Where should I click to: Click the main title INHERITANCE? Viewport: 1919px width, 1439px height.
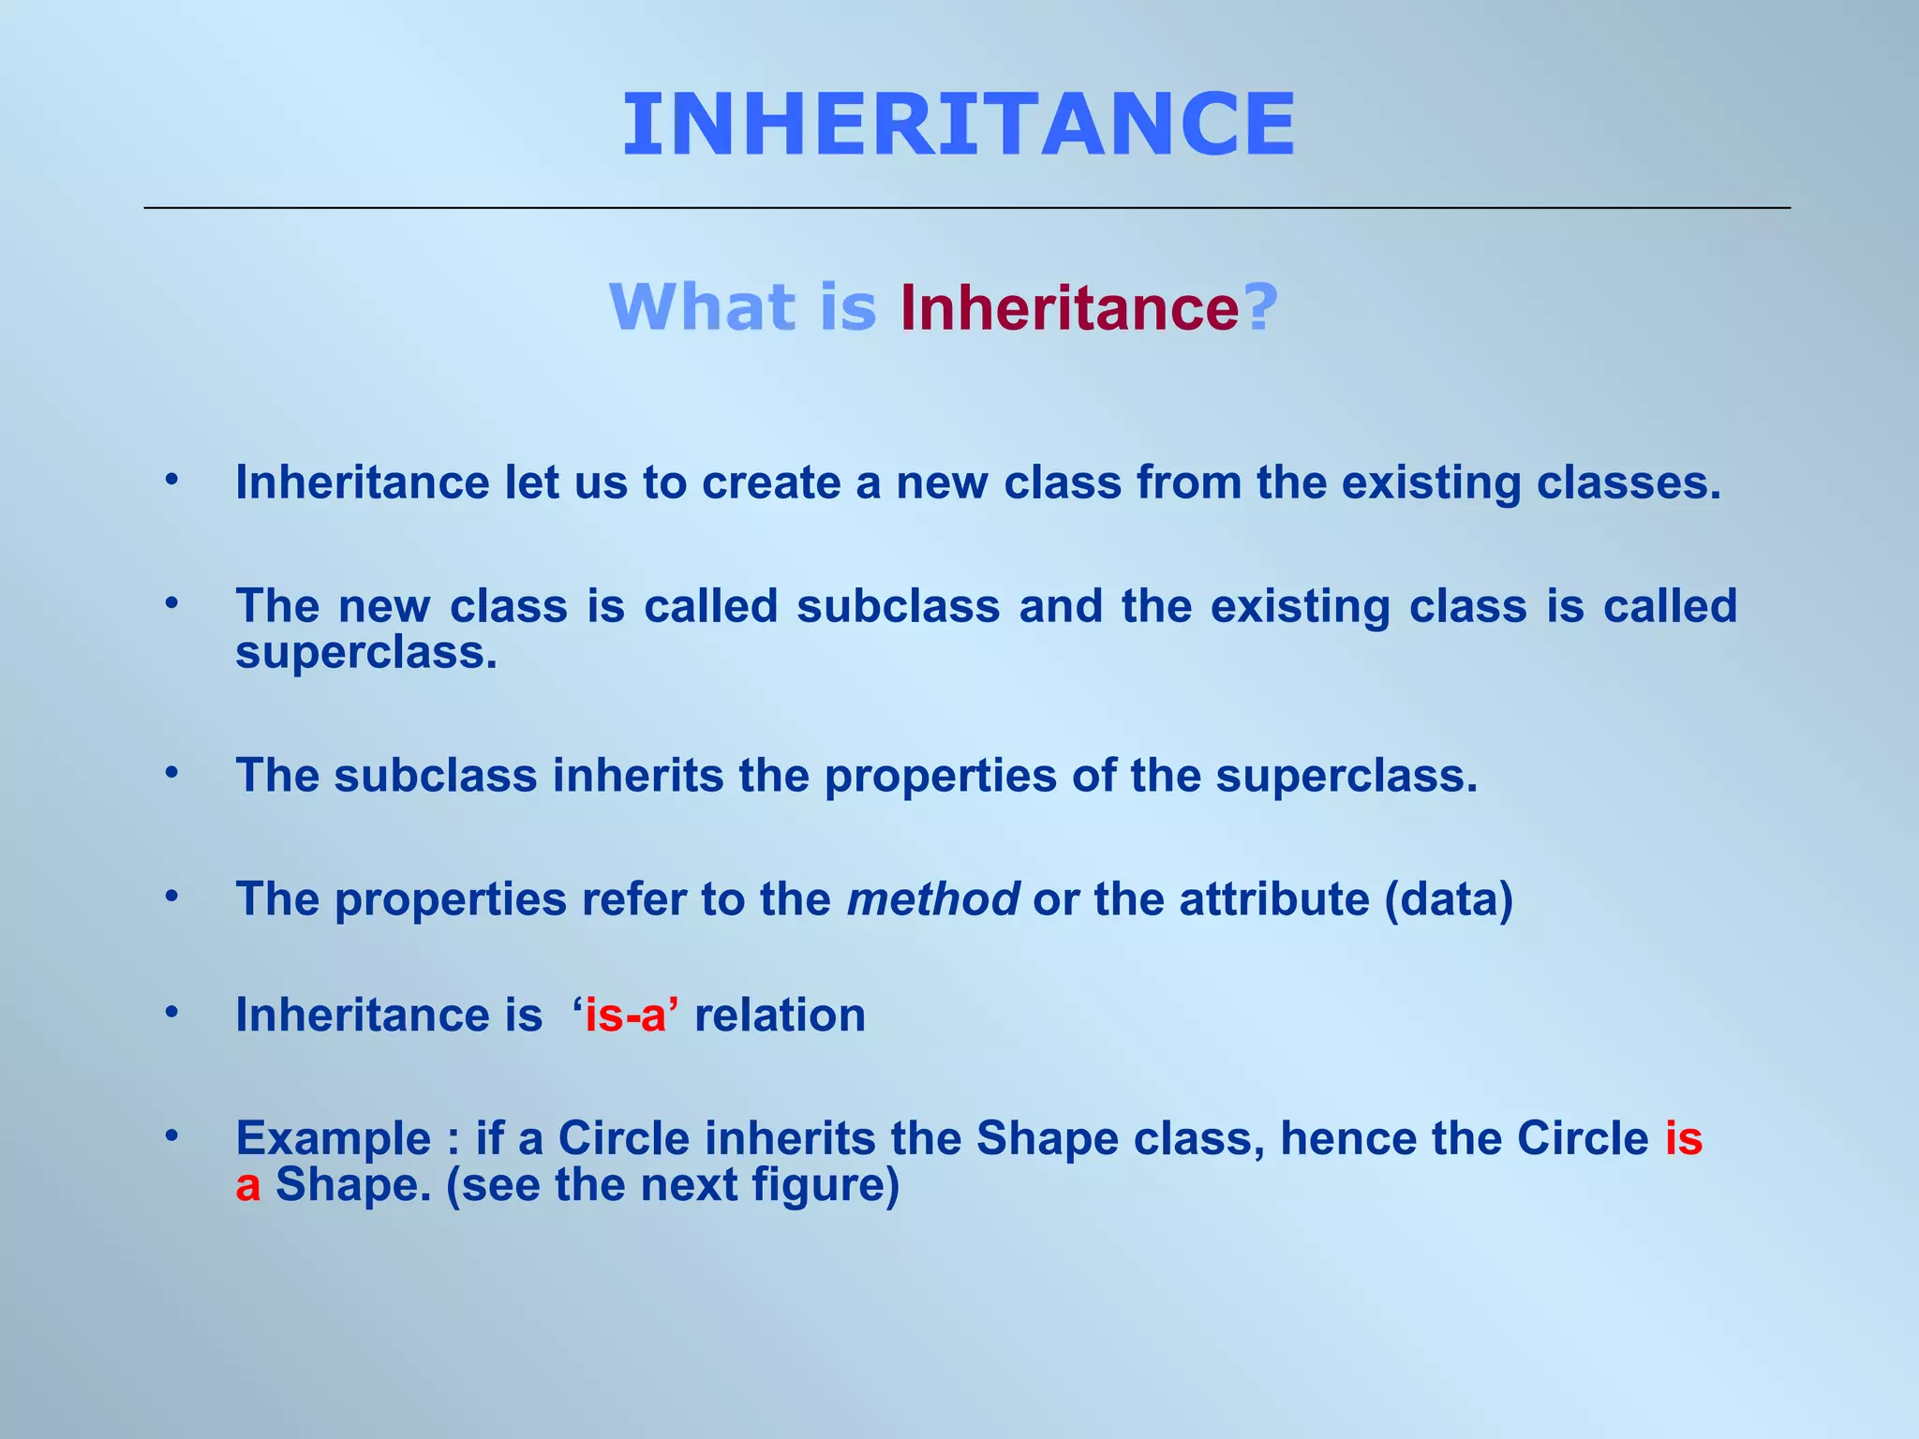coord(959,125)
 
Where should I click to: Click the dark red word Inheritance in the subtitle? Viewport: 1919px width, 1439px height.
coord(1069,307)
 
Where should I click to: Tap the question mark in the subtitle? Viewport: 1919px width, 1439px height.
coord(1260,307)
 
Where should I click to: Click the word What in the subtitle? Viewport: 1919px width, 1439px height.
coord(703,307)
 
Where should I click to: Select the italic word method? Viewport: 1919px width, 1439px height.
coord(932,899)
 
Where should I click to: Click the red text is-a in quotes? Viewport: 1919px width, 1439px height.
coord(625,1016)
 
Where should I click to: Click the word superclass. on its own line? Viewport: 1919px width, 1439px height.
coord(365,652)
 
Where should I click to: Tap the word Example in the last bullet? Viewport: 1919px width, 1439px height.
coord(333,1139)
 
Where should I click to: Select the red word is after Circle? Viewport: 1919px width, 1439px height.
coord(1683,1139)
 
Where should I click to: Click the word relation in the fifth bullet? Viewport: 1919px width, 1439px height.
coord(780,1016)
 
